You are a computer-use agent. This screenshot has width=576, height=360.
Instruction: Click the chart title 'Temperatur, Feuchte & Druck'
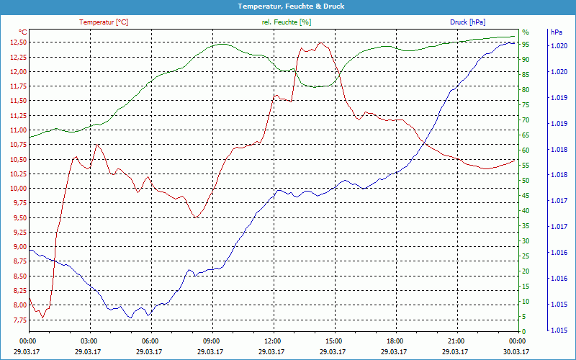[x=288, y=6]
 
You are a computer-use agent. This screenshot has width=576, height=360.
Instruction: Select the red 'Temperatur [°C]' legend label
[x=104, y=22]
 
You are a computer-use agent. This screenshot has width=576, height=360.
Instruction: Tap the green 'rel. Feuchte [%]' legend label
[x=287, y=22]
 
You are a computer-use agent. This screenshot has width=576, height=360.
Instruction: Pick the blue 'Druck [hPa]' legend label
[x=469, y=22]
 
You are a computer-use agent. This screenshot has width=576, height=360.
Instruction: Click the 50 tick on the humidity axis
[x=526, y=181]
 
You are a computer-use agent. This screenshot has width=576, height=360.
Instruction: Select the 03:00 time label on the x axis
[x=89, y=341]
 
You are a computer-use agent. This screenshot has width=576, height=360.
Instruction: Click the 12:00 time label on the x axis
[x=273, y=341]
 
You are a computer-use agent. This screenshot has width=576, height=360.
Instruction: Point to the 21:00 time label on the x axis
[x=456, y=341]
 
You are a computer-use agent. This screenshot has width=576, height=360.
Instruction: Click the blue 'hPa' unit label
[x=556, y=32]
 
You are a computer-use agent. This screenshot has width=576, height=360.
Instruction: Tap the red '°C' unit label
[x=23, y=32]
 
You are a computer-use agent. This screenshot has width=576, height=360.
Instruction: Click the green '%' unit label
[x=525, y=32]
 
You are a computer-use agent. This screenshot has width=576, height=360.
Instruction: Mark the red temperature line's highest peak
[x=319, y=42]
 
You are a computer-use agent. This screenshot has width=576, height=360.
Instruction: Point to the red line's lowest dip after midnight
[x=42, y=318]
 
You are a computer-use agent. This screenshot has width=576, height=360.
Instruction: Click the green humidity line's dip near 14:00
[x=318, y=86]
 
